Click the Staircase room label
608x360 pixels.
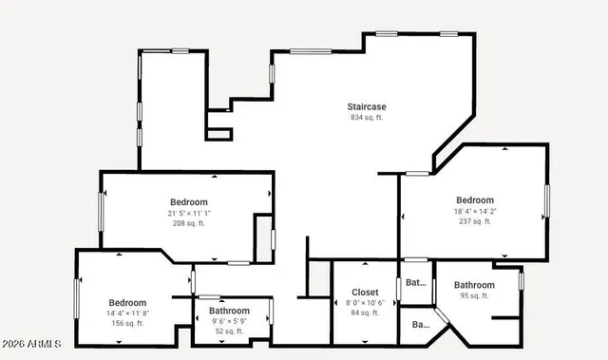click(367, 106)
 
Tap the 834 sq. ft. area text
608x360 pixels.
click(367, 118)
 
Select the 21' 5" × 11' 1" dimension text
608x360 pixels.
click(189, 213)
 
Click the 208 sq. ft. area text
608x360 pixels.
click(189, 224)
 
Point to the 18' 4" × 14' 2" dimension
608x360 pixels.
click(474, 211)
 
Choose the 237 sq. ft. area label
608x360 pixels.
click(474, 221)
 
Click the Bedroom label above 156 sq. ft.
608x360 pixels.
click(126, 302)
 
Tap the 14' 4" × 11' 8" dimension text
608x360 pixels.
click(126, 313)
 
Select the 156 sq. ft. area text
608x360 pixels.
click(126, 324)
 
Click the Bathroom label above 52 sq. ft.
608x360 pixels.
click(229, 311)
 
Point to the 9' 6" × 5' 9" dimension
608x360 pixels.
click(229, 321)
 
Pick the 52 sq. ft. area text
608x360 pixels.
click(229, 332)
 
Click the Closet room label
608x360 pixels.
click(365, 292)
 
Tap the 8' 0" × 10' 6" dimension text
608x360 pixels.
click(365, 302)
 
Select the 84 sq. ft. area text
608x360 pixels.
click(365, 313)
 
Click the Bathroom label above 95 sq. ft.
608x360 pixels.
click(474, 285)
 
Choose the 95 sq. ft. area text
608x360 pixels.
click(474, 295)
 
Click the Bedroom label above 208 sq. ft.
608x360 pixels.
click(189, 201)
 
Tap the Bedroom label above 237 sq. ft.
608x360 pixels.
click(474, 199)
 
